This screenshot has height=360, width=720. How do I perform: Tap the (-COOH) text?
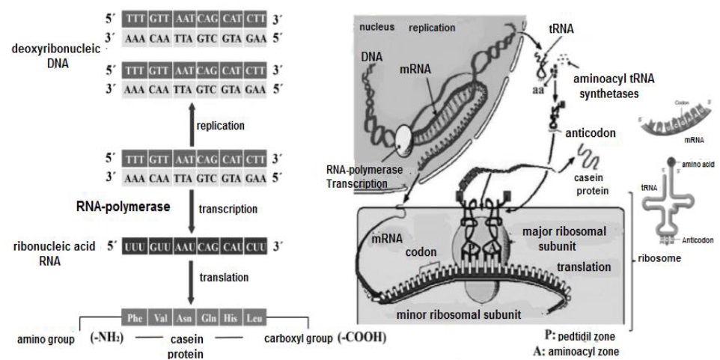pyautogui.click(x=361, y=338)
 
